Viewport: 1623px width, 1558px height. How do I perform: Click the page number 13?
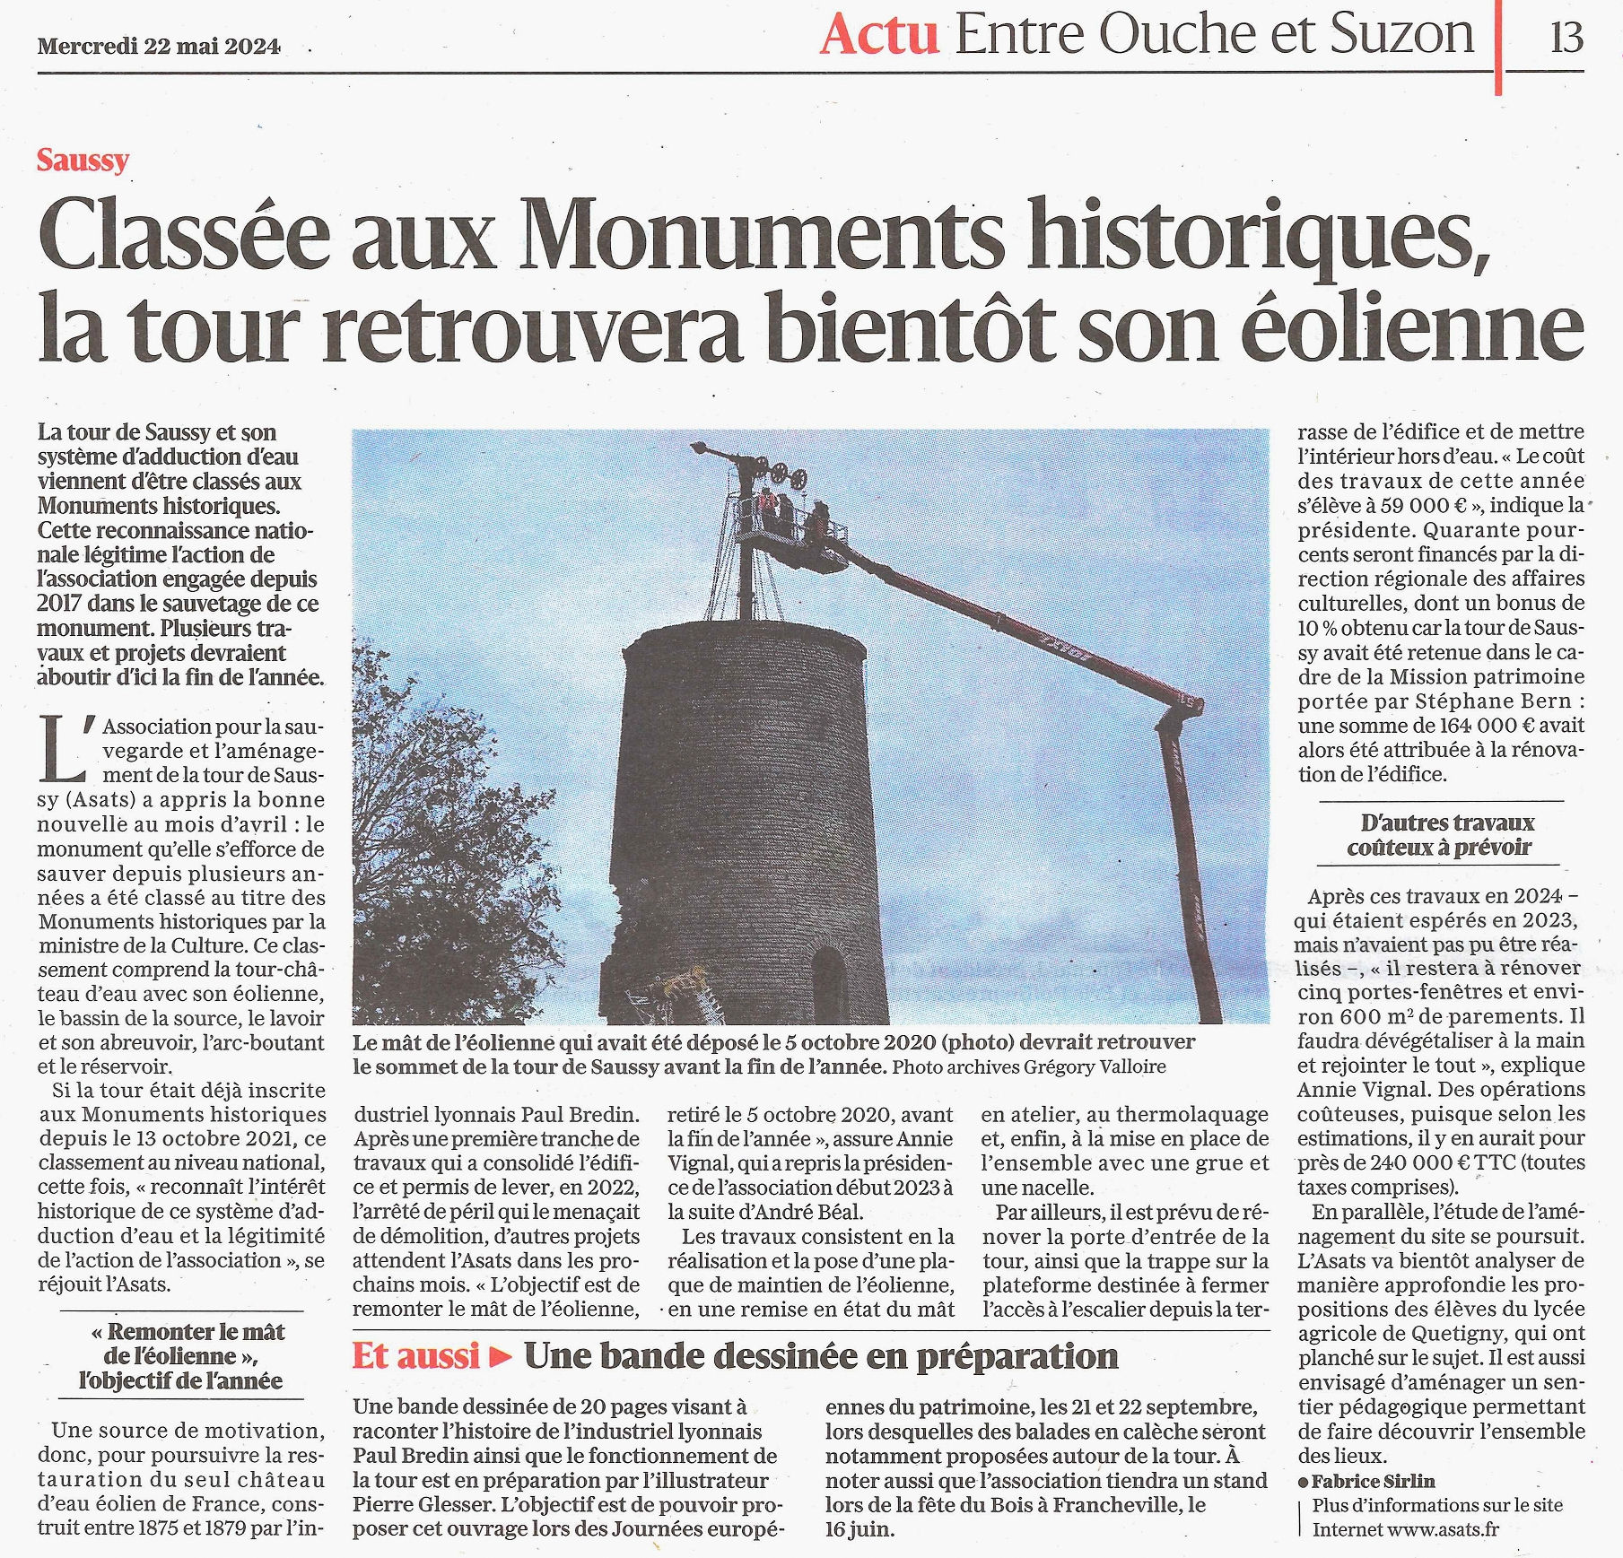pos(1566,38)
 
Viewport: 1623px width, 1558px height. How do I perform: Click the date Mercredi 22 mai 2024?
pos(159,46)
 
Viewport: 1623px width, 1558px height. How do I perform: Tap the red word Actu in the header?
pos(878,36)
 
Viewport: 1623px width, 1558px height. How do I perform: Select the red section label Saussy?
pos(83,161)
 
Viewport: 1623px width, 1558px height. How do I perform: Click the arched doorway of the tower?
pos(828,982)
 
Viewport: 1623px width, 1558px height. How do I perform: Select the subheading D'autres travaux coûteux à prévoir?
pos(1439,835)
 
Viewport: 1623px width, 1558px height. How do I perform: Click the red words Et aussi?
pos(415,1355)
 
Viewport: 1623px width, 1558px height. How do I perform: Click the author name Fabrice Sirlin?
pos(1373,1481)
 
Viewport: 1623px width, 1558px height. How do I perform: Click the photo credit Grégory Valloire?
pos(1095,1067)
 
